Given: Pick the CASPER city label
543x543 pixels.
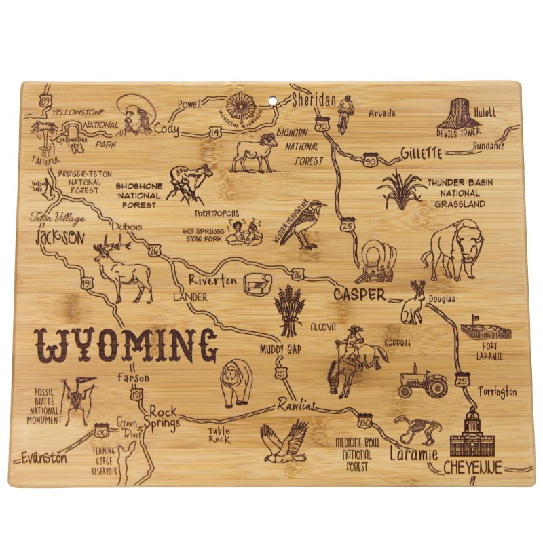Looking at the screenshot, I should click(359, 295).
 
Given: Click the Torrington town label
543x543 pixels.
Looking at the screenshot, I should click(497, 392).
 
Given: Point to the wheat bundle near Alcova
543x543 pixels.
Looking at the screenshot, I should click(289, 310).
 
